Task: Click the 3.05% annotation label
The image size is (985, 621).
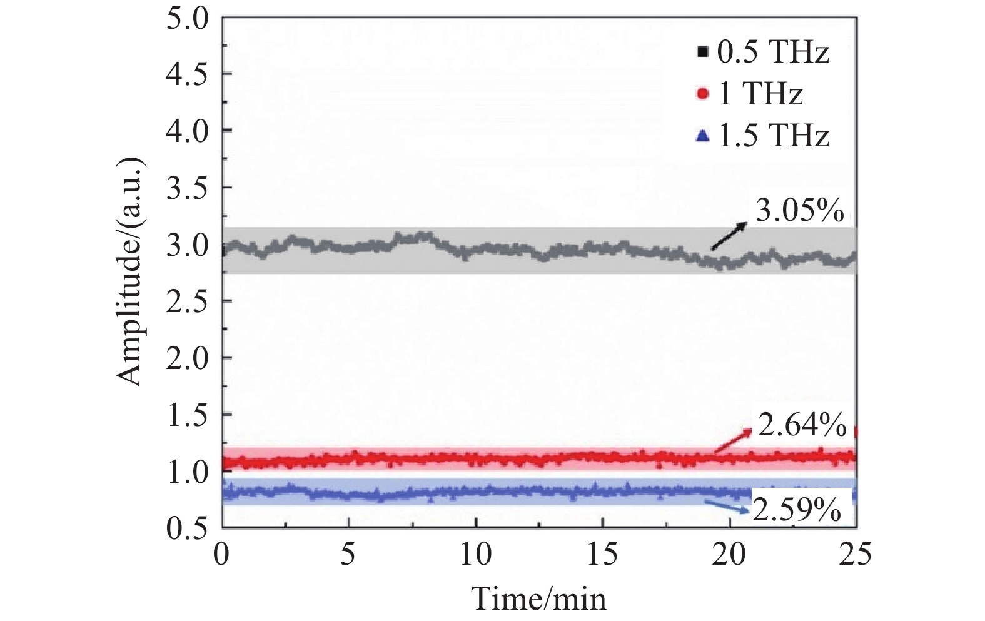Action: coord(799,212)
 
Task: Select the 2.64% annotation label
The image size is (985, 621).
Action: coord(802,426)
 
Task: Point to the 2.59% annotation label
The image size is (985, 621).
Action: coord(796,510)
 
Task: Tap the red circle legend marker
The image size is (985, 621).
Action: coord(703,94)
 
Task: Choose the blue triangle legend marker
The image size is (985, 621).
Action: coord(703,135)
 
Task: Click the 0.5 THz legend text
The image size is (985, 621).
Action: coord(773,52)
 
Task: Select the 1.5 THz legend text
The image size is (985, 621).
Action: coord(773,136)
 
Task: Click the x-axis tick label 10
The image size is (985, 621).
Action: coord(476,553)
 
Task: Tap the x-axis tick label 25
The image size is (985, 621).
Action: coord(855,553)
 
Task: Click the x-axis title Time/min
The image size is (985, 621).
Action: coord(539,598)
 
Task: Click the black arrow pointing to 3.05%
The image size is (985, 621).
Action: coord(729,236)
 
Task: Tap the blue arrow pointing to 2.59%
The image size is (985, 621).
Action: coord(728,507)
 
